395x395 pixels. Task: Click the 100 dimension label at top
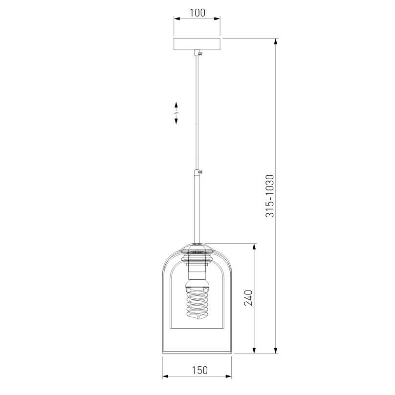click(x=197, y=13)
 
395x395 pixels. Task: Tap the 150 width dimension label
click(x=200, y=370)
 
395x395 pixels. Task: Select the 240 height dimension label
click(x=248, y=298)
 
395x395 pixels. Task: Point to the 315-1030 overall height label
click(x=270, y=196)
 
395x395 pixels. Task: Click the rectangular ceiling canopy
click(x=197, y=44)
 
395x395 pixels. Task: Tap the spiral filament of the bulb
click(x=197, y=304)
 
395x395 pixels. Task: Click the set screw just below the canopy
click(x=200, y=53)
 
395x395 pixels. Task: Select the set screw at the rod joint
click(x=200, y=172)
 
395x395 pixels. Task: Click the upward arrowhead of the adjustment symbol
click(x=176, y=105)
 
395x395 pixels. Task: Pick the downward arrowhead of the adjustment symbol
click(x=176, y=121)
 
